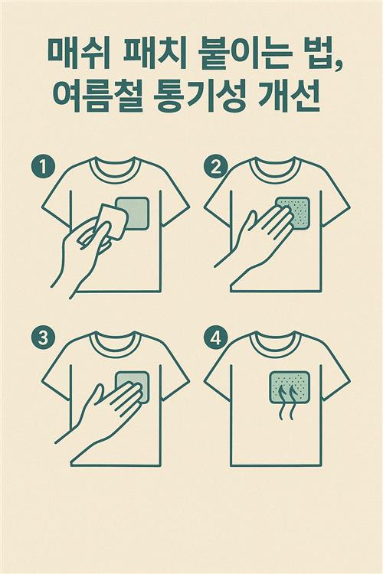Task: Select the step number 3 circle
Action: coord(43,338)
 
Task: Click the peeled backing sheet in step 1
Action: coord(112,222)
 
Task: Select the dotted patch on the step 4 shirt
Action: coord(290,388)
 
